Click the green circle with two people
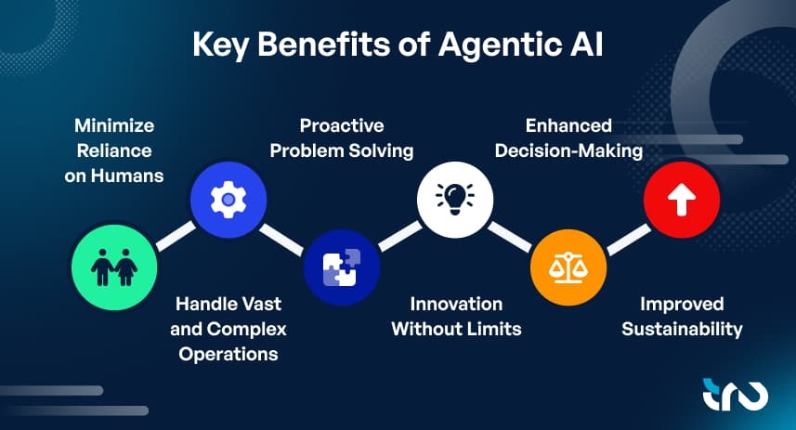(114, 267)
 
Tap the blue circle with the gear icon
(228, 200)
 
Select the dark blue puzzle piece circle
(342, 267)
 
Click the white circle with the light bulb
(455, 200)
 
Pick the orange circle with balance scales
(568, 267)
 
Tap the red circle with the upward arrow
(682, 200)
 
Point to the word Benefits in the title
(324, 45)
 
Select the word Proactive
(342, 125)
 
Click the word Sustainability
(682, 329)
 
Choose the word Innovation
(456, 304)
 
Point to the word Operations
(228, 354)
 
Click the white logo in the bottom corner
(736, 395)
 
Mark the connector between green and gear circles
(176, 236)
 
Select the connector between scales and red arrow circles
(629, 240)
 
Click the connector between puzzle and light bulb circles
(400, 236)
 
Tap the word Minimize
(114, 125)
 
